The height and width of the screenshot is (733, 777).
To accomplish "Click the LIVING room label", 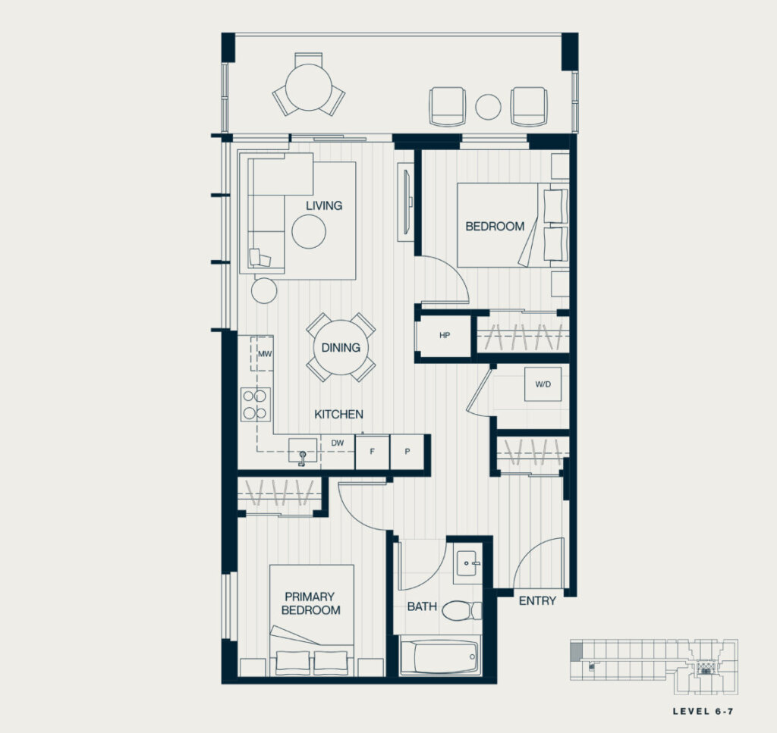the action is coord(323,205).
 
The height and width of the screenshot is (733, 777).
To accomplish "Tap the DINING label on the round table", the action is coord(341,347).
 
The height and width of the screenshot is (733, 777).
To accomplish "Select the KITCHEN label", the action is coord(339,415).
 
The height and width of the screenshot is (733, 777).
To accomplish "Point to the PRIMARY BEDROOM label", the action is coord(310,603).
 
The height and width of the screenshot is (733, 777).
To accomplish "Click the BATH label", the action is coord(422,606).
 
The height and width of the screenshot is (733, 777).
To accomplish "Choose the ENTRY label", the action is coord(538,601).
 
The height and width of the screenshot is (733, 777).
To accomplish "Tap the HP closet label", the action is coord(445,335).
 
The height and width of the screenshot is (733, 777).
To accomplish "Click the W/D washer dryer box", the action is coord(543,384).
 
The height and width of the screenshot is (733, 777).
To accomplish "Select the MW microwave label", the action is coord(265,354).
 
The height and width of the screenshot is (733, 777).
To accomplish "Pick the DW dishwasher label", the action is coord(338,443).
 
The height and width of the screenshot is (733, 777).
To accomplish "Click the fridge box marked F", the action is coord(372,452).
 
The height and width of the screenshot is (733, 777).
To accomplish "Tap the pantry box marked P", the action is coord(407,452).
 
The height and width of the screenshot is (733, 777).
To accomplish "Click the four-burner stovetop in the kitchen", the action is coord(256,404).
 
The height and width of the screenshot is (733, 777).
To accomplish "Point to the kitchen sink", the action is coord(303,451).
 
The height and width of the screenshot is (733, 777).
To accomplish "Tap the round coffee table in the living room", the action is coord(309,231).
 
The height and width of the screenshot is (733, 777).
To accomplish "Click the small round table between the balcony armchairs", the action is coord(488,107).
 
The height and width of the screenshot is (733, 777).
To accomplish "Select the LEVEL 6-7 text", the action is coord(703,711).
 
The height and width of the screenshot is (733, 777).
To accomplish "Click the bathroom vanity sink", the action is coord(467,563).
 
